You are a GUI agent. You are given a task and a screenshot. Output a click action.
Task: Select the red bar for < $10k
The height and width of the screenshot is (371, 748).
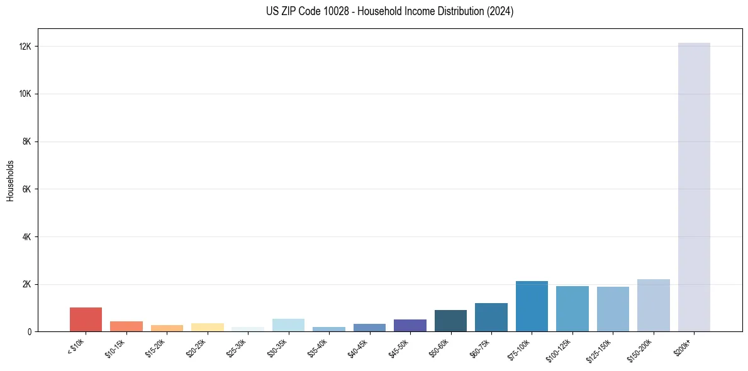pyautogui.click(x=86, y=319)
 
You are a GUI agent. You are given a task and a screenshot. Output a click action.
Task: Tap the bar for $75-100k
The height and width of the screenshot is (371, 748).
pyautogui.click(x=532, y=306)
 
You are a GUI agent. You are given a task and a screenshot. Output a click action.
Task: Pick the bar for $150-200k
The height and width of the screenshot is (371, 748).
pyautogui.click(x=654, y=305)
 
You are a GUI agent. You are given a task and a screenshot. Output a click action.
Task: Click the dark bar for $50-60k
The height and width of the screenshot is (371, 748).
pyautogui.click(x=450, y=321)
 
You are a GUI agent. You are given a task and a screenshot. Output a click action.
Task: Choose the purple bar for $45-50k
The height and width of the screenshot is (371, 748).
pyautogui.click(x=410, y=325)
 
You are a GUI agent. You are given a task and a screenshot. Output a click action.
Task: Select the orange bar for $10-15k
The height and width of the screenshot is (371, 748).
pyautogui.click(x=126, y=326)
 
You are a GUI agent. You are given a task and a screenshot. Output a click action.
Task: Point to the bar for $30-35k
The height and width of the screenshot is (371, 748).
pyautogui.click(x=288, y=325)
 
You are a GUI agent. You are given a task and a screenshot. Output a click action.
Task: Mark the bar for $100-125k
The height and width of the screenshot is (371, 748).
pyautogui.click(x=572, y=309)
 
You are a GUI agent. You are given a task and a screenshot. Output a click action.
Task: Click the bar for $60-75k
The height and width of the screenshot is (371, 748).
pyautogui.click(x=491, y=317)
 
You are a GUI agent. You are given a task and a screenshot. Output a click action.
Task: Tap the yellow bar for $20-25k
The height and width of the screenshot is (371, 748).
pyautogui.click(x=208, y=327)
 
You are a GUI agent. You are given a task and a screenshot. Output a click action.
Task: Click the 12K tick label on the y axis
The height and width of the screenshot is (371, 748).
pyautogui.click(x=26, y=47)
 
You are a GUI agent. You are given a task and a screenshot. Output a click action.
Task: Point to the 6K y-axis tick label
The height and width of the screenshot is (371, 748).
pyautogui.click(x=28, y=189)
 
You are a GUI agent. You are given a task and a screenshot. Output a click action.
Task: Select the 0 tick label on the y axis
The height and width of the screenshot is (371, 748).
pyautogui.click(x=30, y=331)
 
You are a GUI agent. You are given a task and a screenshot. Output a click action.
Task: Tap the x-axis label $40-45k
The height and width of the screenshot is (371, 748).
pyautogui.click(x=359, y=346)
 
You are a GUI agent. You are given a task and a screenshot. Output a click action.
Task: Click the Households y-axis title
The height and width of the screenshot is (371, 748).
pyautogui.click(x=11, y=180)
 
